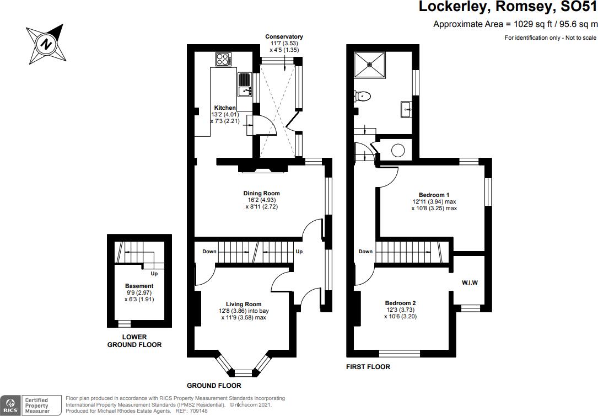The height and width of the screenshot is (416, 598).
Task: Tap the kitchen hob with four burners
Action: click(224, 59)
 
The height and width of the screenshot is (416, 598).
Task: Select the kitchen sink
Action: click(244, 85)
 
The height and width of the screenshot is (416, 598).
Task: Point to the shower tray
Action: click(370, 65)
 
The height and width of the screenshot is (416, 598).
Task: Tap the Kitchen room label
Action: click(225, 108)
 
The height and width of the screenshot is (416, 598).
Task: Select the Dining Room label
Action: click(262, 194)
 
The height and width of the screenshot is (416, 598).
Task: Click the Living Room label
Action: click(243, 304)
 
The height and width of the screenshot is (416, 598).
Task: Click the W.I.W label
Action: click(470, 283)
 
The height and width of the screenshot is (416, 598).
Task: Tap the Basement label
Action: click(139, 286)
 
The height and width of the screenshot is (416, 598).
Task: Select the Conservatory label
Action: click(284, 36)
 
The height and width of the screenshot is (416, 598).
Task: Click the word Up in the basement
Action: click(154, 274)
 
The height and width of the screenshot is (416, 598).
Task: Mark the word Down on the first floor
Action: click(365, 252)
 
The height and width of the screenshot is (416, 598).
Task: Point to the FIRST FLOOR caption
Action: click(368, 367)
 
